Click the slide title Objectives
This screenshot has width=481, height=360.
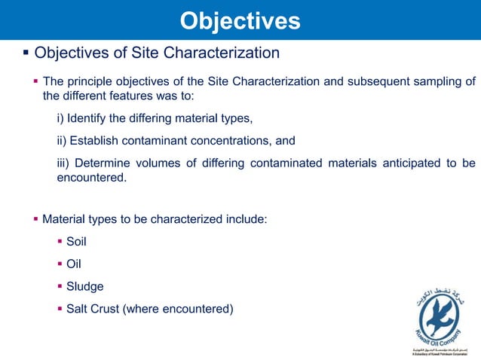240,20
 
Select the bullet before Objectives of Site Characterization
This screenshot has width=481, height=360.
26,53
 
